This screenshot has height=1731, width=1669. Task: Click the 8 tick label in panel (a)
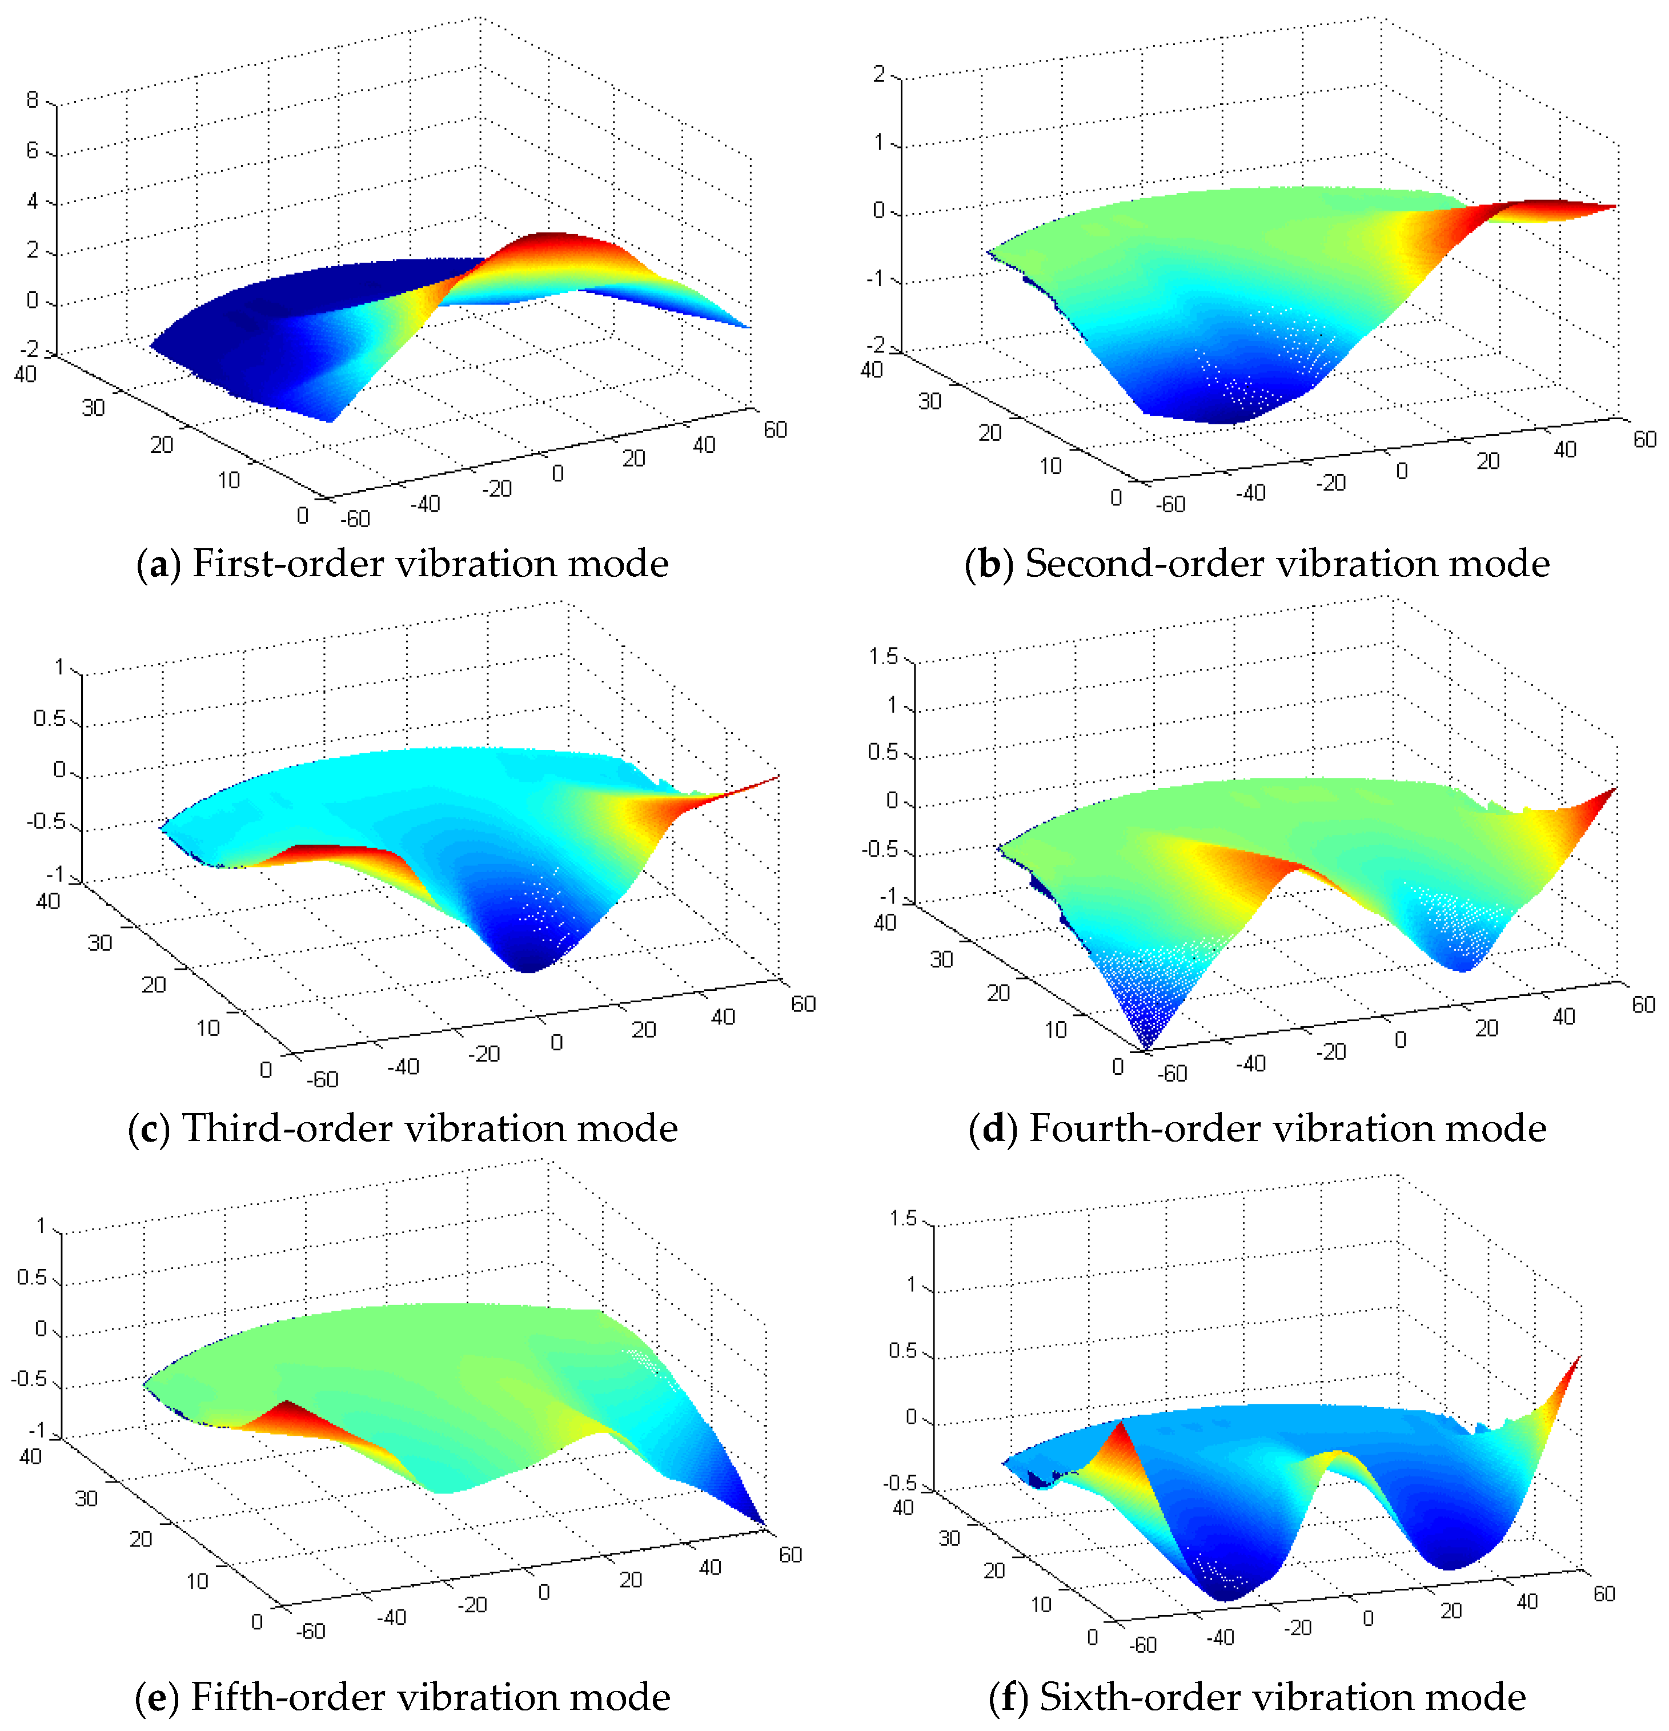pyautogui.click(x=32, y=101)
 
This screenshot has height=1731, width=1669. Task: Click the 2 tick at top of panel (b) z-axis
pyautogui.click(x=878, y=74)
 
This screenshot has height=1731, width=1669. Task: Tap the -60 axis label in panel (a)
pyautogui.click(x=356, y=519)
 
